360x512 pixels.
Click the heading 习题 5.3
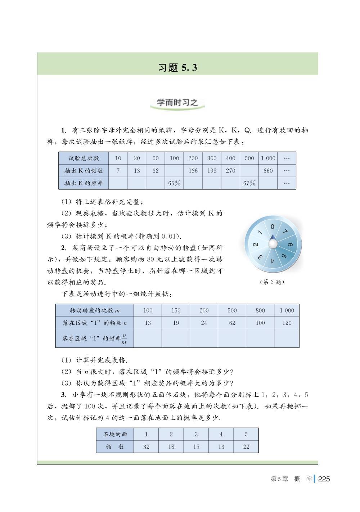tap(178, 68)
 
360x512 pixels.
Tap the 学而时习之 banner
tap(177, 103)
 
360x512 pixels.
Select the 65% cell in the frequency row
tap(174, 183)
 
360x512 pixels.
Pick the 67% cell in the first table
tap(249, 183)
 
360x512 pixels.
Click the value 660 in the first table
tap(268, 171)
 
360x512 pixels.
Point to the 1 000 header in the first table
tap(268, 158)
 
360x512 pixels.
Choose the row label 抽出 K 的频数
tap(84, 171)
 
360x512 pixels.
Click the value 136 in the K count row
tap(193, 171)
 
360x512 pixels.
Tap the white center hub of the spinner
tap(273, 244)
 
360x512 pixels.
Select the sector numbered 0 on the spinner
tap(273, 227)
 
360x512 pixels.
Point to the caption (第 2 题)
tap(272, 282)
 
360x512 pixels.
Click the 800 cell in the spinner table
tap(260, 310)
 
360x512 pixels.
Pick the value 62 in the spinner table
tap(232, 323)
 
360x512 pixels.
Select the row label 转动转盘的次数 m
tap(95, 310)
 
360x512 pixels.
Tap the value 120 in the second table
tap(287, 323)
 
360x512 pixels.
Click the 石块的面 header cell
tap(115, 434)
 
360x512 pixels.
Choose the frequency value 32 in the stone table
tap(146, 446)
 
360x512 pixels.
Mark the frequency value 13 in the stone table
tap(221, 446)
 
